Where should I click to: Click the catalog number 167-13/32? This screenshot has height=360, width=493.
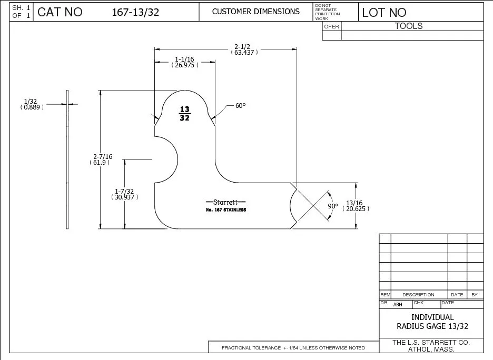point(135,12)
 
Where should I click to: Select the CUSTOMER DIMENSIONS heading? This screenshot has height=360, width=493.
point(255,12)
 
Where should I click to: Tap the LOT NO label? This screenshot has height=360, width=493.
point(384,13)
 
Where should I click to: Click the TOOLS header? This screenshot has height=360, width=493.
point(409,26)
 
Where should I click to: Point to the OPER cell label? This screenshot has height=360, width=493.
point(331,27)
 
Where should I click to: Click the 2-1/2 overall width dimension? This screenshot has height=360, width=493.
point(244,49)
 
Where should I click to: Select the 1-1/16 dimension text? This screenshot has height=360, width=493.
point(184,62)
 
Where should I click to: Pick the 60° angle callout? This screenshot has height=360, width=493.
point(241,106)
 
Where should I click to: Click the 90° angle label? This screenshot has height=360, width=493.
point(333,206)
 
